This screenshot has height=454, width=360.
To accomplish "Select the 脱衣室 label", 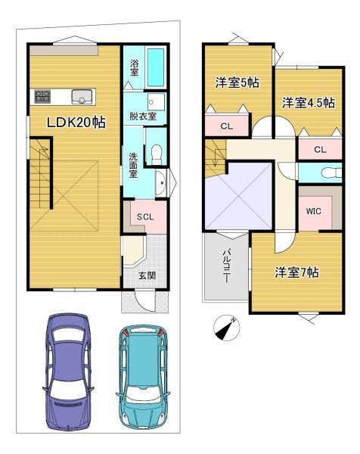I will coord(142,117).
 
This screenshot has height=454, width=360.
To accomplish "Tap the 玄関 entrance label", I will coord(147,275).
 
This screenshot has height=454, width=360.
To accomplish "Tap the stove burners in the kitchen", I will coord(41,96).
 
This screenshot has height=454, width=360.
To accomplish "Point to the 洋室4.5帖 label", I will coord(309,103).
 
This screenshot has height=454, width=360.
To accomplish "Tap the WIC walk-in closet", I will coord(314,212).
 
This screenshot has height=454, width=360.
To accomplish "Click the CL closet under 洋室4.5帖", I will coord(320,149).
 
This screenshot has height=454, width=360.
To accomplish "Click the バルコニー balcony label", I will coord(226,265).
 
